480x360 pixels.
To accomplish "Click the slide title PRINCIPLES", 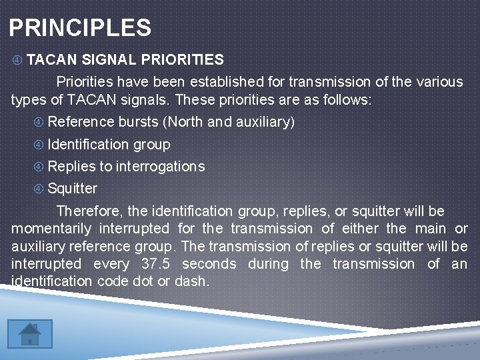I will pyautogui.click(x=80, y=28).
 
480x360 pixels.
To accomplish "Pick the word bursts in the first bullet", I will pyautogui.click(x=139, y=122).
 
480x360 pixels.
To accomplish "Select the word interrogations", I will pyautogui.click(x=160, y=166).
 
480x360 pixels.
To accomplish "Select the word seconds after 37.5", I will pyautogui.click(x=209, y=264).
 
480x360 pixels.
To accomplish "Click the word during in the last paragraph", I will pyautogui.click(x=267, y=264).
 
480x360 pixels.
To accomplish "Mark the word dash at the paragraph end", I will pyautogui.click(x=191, y=281).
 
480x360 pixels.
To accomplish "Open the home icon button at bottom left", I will pyautogui.click(x=29, y=333).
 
